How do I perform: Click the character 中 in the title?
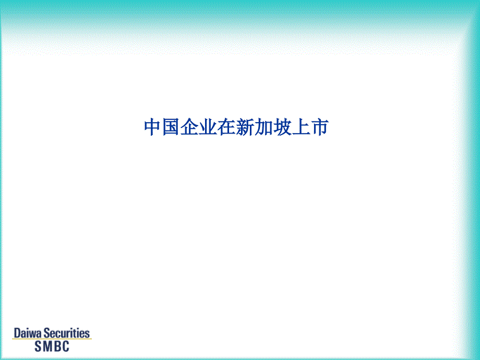pos(153,127)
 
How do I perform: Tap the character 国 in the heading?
pos(171,127)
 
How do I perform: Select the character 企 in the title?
pos(189,127)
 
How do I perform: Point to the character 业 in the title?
pos(208,127)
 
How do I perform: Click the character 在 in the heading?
pos(227,127)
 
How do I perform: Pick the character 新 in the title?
pos(245,127)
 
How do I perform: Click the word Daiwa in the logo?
pos(28,333)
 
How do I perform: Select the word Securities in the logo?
pos(66,333)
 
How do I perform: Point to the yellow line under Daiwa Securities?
pos(52,339)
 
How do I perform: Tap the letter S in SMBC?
pos(38,346)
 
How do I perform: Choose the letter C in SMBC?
pos(66,346)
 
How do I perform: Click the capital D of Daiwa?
pos(17,333)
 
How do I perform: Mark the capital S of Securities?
pos(46,333)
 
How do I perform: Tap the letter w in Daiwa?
pos(33,334)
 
